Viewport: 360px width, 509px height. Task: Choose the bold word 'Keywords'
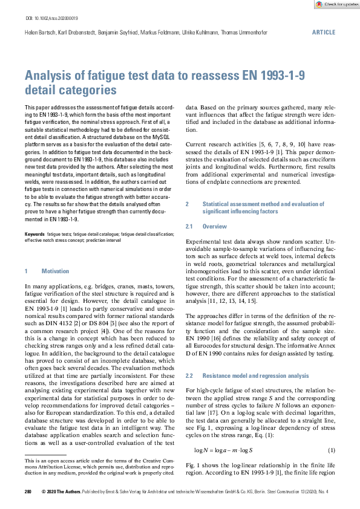coord(34,233)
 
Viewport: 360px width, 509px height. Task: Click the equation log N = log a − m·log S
coord(223,433)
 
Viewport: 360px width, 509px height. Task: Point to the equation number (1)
coord(331,433)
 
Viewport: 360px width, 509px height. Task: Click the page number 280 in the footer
coord(28,491)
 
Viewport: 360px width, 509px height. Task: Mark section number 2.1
coord(188,225)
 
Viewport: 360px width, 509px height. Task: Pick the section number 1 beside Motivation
coord(26,271)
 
